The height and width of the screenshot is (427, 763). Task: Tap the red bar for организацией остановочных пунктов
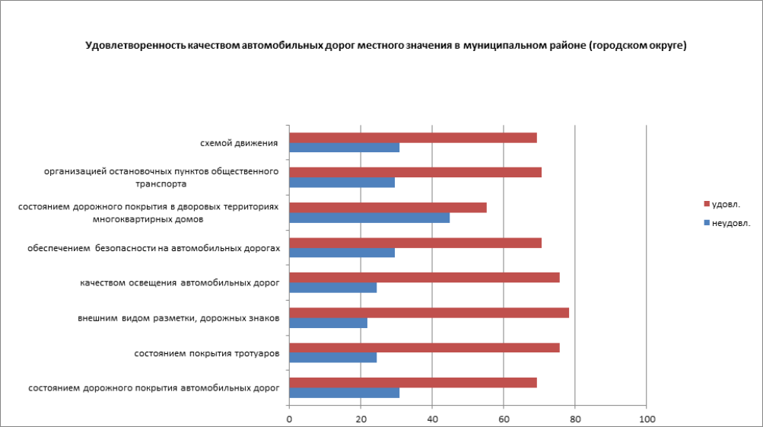point(415,172)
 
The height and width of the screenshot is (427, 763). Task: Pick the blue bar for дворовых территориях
point(370,218)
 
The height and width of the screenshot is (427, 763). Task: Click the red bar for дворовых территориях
point(388,207)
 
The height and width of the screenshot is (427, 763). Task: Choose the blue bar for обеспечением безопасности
point(342,253)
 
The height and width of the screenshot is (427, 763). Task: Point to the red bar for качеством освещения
point(424,277)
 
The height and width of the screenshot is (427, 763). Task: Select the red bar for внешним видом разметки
point(429,313)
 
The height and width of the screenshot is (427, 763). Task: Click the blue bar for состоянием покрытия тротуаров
point(333,358)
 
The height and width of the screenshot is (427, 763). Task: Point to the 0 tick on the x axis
point(289,419)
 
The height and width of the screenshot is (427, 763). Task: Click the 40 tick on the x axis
point(432,419)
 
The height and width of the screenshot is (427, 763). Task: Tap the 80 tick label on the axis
point(575,419)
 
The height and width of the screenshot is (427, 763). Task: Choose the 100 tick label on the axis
point(647,419)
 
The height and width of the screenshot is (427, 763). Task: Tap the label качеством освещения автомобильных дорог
point(180,282)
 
